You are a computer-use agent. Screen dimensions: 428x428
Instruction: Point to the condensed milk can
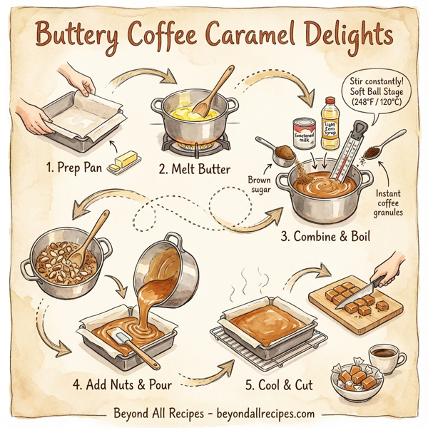pos(304,133)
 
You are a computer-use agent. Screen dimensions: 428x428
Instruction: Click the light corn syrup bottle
pos(330,123)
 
